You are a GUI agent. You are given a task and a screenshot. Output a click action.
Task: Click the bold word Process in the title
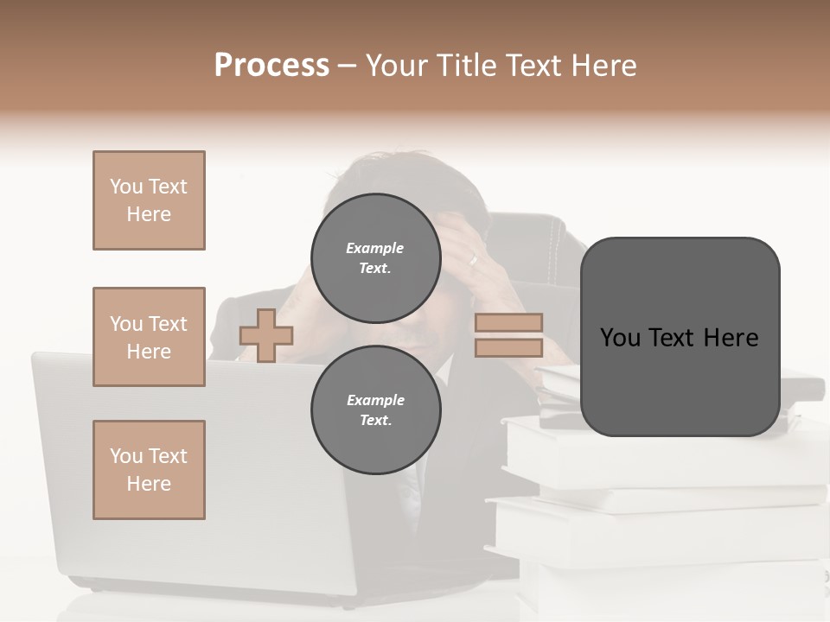(271, 66)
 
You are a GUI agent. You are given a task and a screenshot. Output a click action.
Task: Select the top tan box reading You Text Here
(149, 200)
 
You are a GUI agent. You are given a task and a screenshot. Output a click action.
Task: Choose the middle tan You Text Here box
(149, 337)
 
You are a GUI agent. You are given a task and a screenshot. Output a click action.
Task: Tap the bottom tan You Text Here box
(149, 470)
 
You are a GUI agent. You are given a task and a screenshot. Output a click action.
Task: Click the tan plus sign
(266, 335)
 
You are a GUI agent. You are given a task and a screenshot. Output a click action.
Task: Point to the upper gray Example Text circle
(375, 258)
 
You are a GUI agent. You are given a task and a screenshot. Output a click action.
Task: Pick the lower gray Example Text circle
(375, 410)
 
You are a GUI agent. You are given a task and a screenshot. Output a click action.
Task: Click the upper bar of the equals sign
(508, 322)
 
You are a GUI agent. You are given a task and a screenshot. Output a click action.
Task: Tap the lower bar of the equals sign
(508, 347)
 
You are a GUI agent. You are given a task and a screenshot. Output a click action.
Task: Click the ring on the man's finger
(472, 258)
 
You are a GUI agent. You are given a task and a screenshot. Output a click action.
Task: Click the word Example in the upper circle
(374, 248)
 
